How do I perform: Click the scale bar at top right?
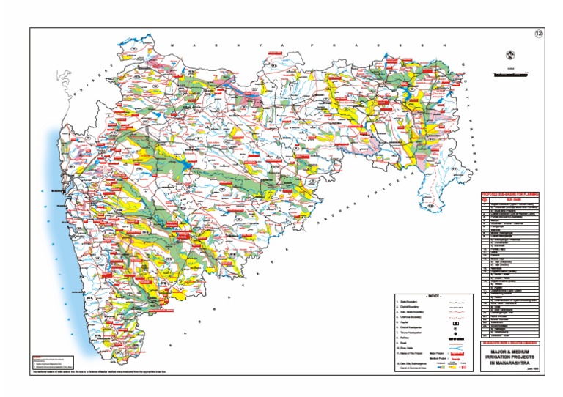click(508, 74)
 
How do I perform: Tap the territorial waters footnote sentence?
click(110, 373)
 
